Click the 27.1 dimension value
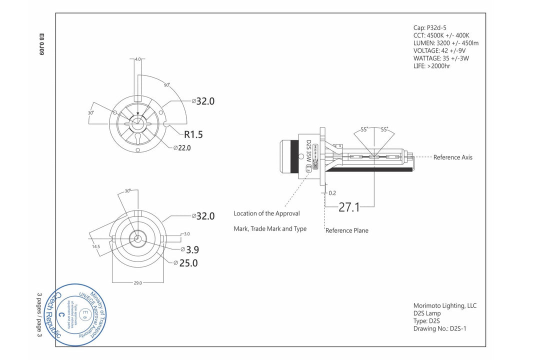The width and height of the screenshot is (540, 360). (349, 207)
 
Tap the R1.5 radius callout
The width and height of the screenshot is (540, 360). (193, 134)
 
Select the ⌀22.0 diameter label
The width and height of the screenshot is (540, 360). (182, 147)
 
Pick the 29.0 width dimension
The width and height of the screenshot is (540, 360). (137, 282)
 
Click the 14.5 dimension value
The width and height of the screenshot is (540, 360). (96, 246)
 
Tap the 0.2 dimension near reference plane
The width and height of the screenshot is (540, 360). (332, 192)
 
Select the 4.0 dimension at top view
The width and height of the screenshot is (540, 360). (138, 59)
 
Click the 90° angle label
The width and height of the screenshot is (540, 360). (166, 85)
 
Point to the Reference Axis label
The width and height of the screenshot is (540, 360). (452, 157)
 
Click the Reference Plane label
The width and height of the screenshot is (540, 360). (346, 230)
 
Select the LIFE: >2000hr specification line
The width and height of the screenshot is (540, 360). (431, 65)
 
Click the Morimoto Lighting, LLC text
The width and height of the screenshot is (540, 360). (444, 305)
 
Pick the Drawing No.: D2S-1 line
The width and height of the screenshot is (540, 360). (440, 328)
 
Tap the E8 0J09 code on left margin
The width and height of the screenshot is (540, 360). (41, 44)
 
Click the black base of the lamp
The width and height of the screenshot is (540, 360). (288, 157)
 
